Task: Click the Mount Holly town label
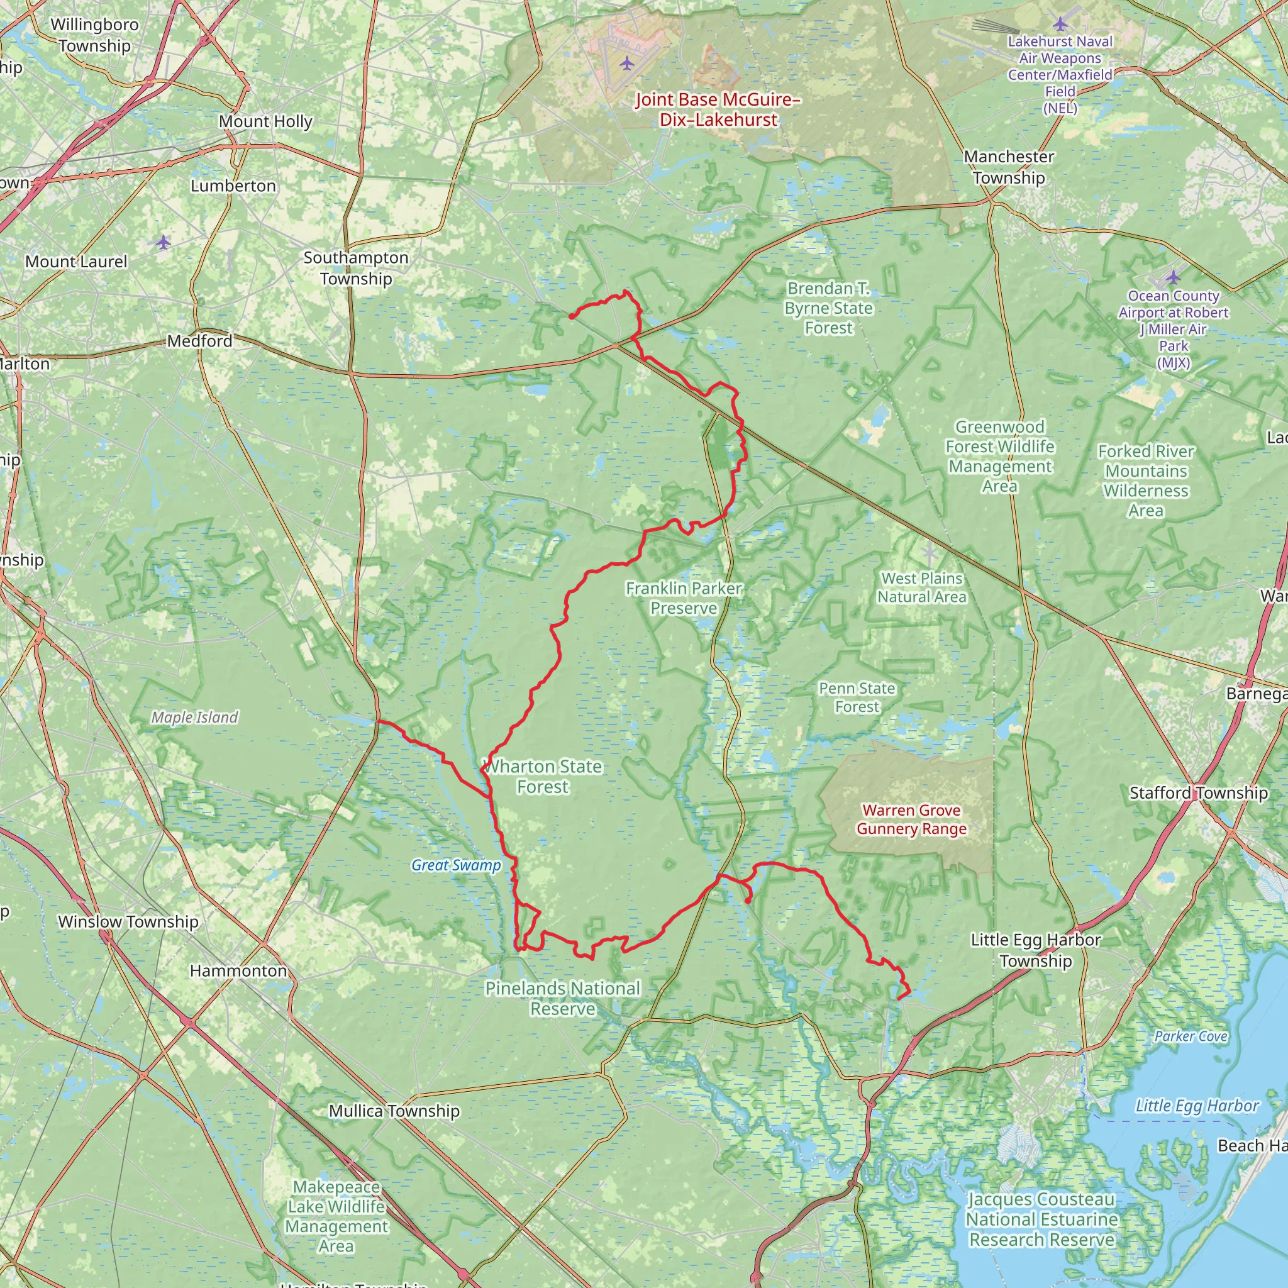tap(265, 121)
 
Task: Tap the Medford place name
tap(199, 341)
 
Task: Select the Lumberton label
tap(233, 186)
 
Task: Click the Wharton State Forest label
tap(543, 777)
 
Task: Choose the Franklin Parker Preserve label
tap(684, 598)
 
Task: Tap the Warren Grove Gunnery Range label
tap(911, 819)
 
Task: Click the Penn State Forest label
tap(857, 697)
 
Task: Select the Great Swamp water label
tap(456, 865)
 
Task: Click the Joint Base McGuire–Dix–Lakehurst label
tap(718, 109)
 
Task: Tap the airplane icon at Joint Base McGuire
tap(626, 64)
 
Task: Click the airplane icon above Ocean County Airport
tap(1173, 276)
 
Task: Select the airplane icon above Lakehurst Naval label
tap(1060, 25)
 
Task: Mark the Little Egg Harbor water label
tap(1197, 1106)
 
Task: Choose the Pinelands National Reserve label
tap(563, 998)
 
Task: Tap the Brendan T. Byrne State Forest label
tap(828, 308)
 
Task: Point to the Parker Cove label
tap(1191, 1036)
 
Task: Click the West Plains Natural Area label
tap(921, 587)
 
